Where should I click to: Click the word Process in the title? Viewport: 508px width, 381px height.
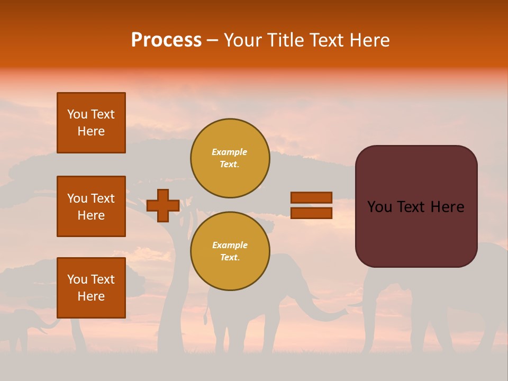coord(166,40)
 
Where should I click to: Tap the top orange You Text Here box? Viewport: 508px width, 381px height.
coord(91,123)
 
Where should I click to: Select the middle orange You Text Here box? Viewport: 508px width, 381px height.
coord(91,206)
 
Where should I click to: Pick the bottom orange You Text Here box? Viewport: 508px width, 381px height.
coord(91,287)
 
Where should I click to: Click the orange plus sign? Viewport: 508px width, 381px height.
coord(163,205)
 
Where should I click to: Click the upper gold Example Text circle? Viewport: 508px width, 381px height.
coord(230,158)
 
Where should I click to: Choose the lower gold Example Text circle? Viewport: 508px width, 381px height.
coord(230,251)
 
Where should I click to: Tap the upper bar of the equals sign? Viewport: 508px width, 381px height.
coord(311,197)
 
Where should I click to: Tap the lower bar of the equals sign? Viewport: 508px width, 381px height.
coord(311,213)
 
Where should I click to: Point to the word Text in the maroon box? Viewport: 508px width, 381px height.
coord(415,207)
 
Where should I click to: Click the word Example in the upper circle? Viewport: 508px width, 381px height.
coord(229,152)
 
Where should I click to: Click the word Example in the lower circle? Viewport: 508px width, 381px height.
coord(230,245)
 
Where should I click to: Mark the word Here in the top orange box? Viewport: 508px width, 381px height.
coord(91,131)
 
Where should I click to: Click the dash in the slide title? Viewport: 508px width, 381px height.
coord(212,41)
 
